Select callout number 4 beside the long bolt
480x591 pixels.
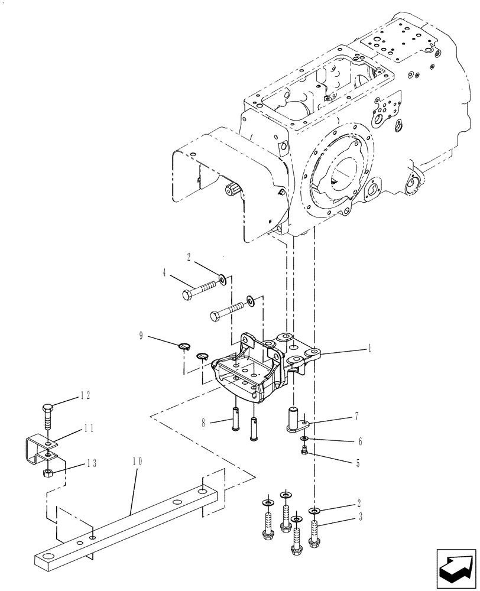tap(164, 273)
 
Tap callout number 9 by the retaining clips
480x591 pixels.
tap(141, 336)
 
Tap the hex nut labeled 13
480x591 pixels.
tap(48, 472)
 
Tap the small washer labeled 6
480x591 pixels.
tap(303, 439)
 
